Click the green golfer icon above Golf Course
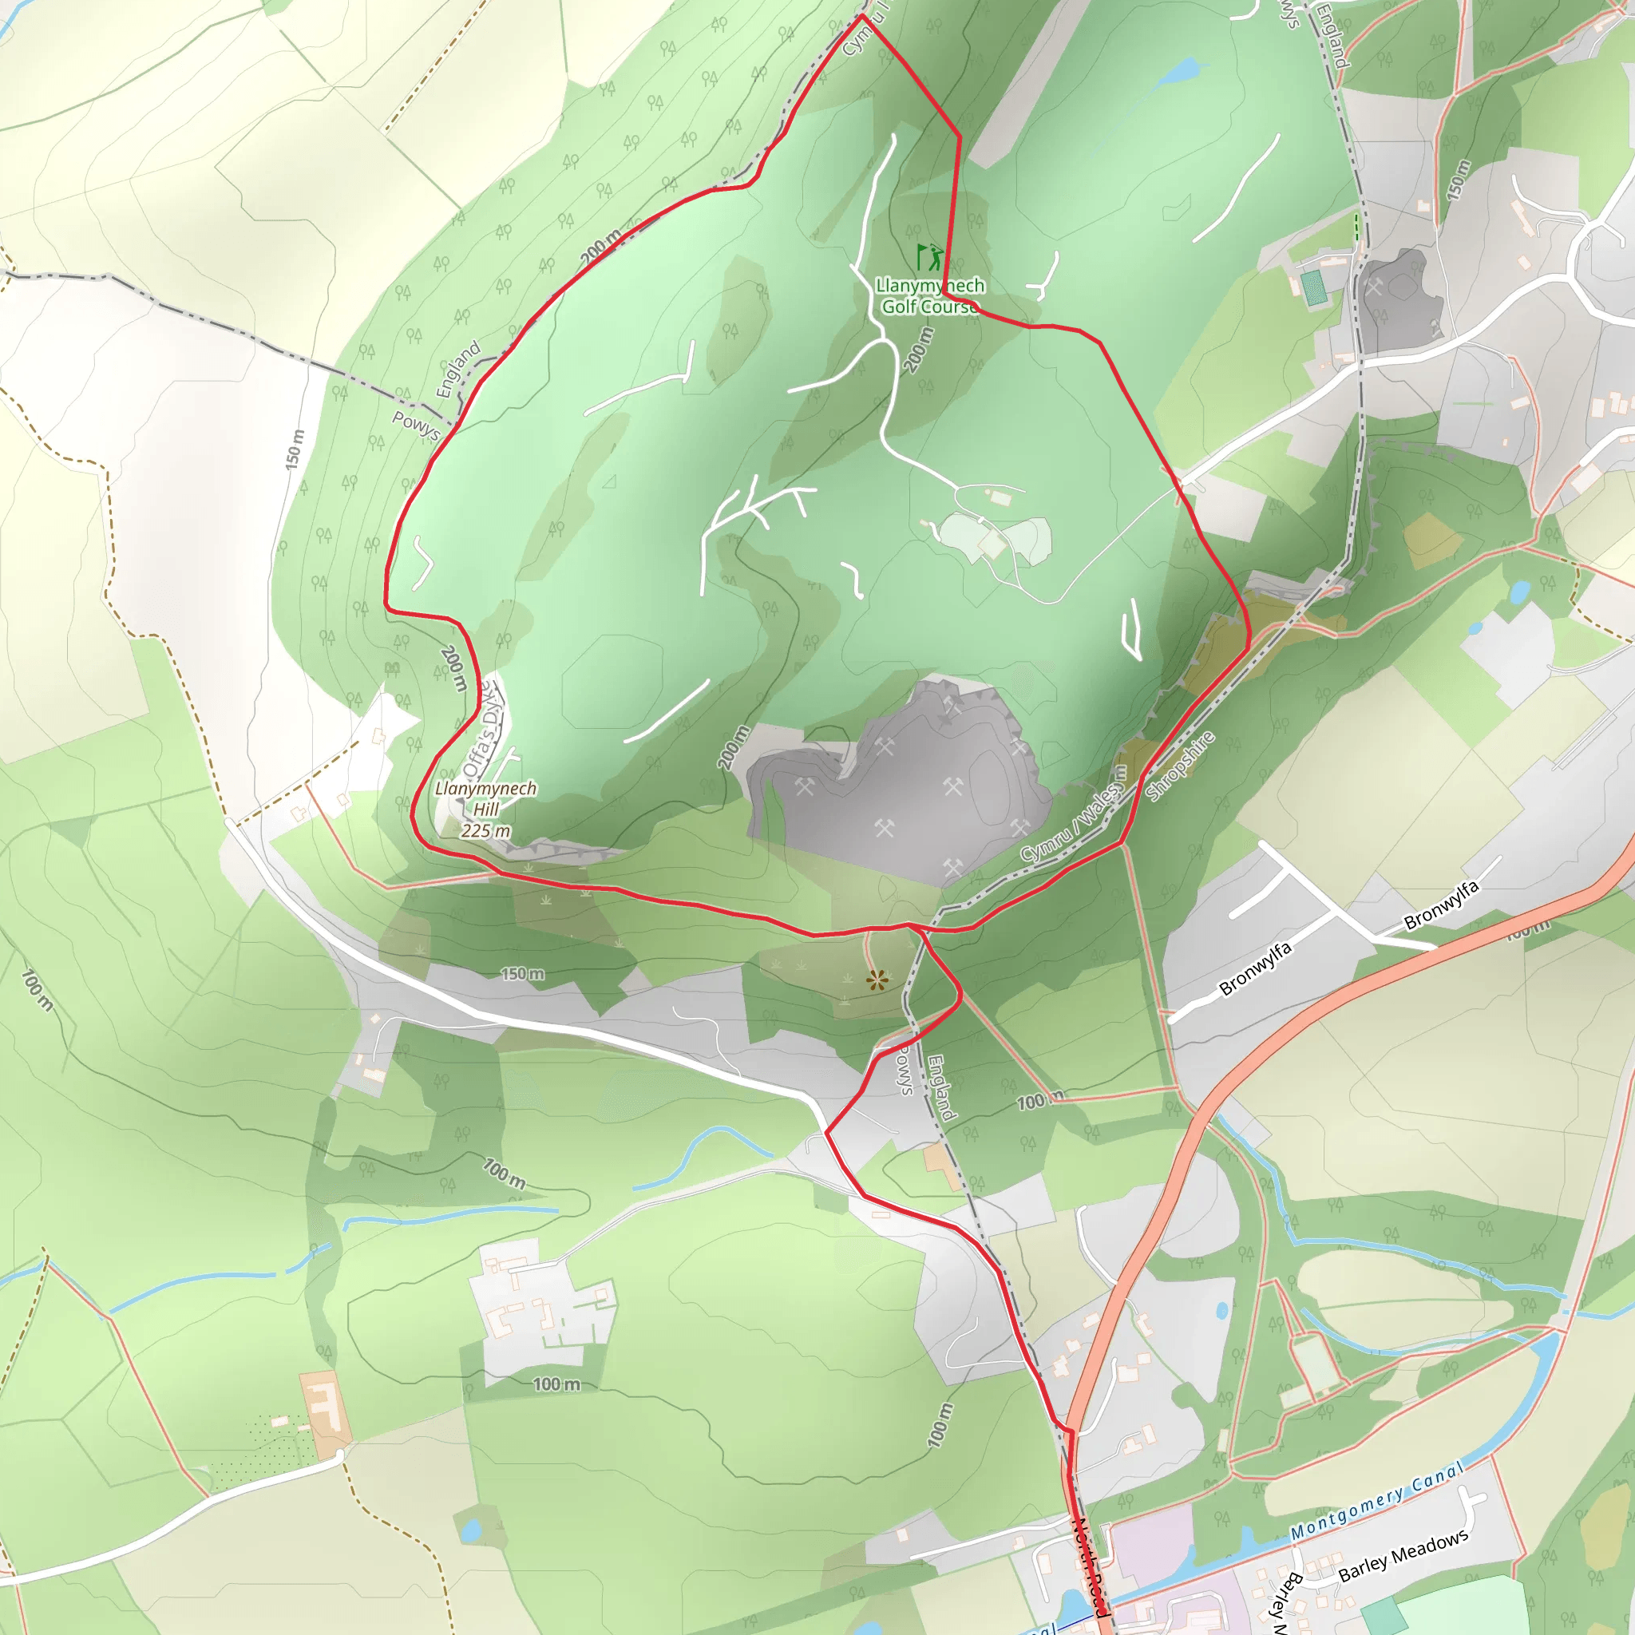[928, 256]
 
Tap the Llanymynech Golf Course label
[929, 296]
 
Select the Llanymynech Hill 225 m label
[485, 809]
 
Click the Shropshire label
[1180, 765]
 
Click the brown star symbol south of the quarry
[877, 981]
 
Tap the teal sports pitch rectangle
[1313, 287]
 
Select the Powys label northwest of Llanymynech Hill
[415, 424]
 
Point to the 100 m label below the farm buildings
[556, 1384]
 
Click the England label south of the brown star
[941, 1087]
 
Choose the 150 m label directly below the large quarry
[522, 974]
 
